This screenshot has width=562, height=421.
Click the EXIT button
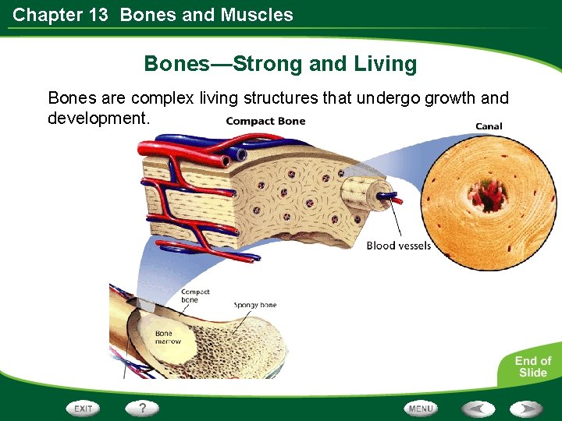pos(84,409)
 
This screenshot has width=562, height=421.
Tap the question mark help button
pos(142,408)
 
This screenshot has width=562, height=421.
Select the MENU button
pos(421,409)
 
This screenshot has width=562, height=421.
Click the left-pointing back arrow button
pos(477,409)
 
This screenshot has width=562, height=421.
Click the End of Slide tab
pos(532,366)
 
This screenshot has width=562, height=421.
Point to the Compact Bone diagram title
pos(265,121)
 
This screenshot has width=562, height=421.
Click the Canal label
pos(489,126)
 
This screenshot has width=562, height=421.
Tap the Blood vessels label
pos(398,246)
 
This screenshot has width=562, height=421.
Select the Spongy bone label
pos(255,305)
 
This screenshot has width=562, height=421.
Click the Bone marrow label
pos(168,338)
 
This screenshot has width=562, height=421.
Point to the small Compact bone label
pos(195,295)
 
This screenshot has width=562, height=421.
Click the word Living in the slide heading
pos(385,64)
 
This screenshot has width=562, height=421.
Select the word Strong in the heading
pos(268,64)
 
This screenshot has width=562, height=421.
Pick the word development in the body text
pos(98,119)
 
